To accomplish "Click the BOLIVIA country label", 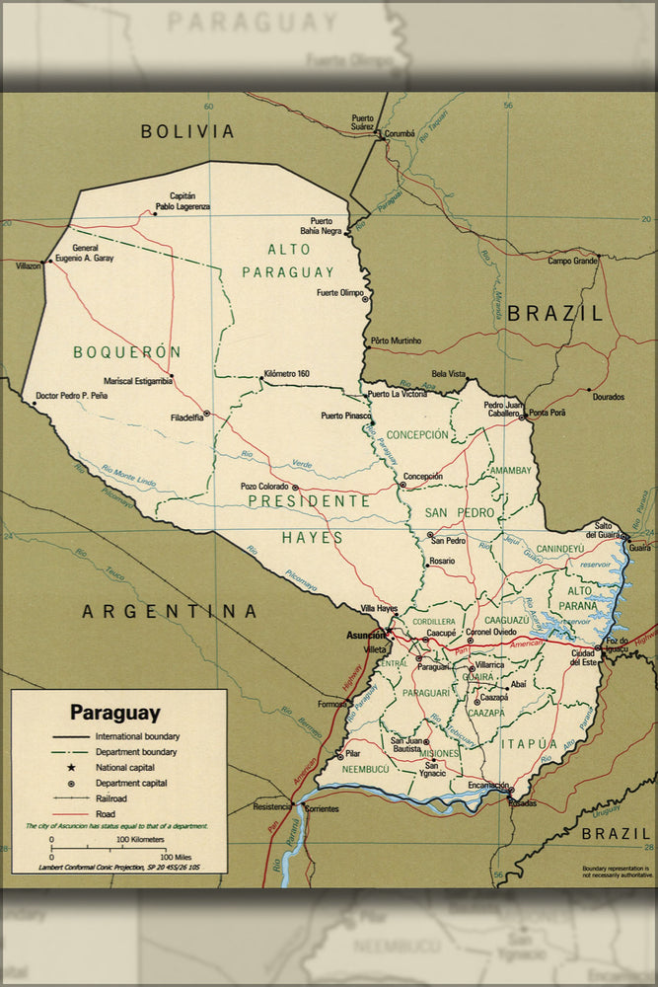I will [187, 130].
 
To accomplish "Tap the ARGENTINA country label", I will [170, 611].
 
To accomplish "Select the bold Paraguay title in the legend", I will [114, 712].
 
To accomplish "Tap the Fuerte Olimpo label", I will [340, 293].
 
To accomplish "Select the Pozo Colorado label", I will [263, 487].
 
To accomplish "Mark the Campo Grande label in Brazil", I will [573, 261].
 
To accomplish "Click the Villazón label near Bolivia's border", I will [29, 266].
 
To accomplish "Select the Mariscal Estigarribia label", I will [139, 380].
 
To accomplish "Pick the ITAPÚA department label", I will [529, 743].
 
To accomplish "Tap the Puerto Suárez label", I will [362, 122].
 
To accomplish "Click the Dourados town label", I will [608, 397].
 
